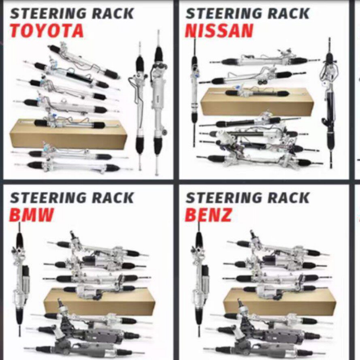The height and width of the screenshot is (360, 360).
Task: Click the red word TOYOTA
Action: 47,31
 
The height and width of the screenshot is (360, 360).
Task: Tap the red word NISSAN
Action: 219,31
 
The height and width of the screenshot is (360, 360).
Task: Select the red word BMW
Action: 31,215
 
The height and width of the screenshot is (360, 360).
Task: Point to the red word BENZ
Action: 208,215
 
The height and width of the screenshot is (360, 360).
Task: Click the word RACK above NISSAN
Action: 289,13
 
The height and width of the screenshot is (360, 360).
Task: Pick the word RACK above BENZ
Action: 289,198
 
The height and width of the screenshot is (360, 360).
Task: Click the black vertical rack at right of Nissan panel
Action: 330,103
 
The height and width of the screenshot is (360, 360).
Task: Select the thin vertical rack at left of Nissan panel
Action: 194,92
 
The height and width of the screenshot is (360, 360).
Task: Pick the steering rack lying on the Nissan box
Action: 257,92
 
